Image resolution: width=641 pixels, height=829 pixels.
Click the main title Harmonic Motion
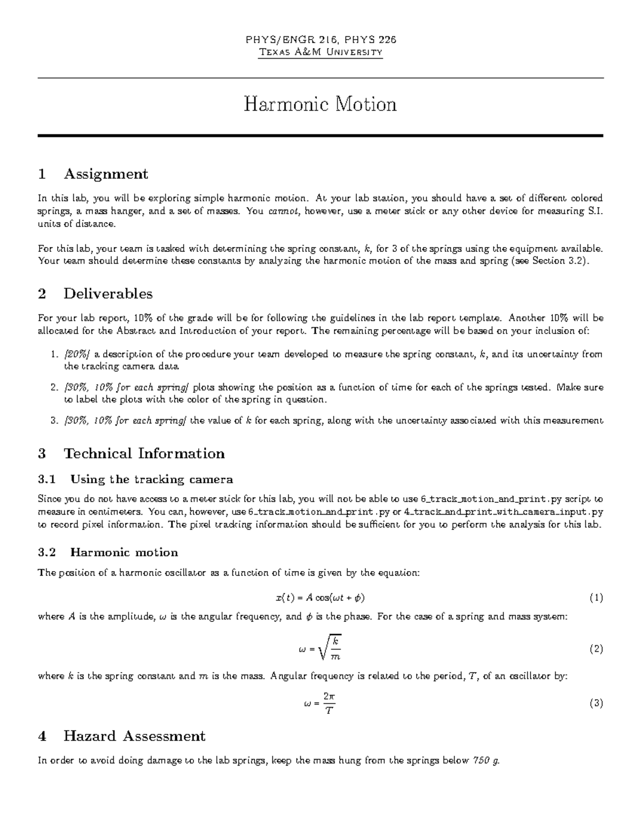(320, 104)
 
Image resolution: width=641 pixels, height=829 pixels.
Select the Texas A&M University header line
(320, 52)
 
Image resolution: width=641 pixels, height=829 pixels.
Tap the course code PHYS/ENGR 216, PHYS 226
(320, 40)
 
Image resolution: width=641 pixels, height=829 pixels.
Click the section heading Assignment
(105, 174)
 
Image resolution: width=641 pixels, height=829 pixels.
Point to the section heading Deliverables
(108, 294)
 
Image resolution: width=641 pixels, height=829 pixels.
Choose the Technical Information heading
(144, 453)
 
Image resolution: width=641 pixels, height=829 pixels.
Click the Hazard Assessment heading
(134, 736)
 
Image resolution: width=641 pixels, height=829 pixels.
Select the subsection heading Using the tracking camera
(151, 479)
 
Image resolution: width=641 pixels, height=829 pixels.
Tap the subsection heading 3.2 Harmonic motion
(124, 552)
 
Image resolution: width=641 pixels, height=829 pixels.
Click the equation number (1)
(596, 597)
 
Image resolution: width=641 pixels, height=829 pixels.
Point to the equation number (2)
(596, 649)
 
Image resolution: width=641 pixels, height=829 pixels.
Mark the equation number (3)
(596, 703)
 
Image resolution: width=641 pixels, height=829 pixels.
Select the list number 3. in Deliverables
(53, 421)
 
